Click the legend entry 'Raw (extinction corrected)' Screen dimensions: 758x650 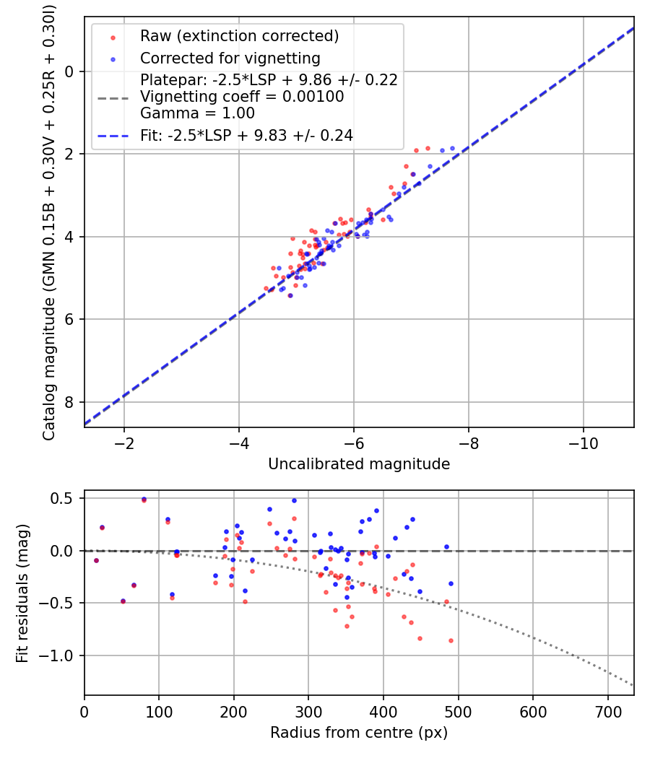(x=239, y=37)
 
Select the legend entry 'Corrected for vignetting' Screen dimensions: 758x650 (x=230, y=58)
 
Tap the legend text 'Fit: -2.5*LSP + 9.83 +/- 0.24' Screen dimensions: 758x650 (x=246, y=135)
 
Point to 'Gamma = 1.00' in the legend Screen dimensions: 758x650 (x=197, y=113)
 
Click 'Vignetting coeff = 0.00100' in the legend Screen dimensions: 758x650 (x=242, y=97)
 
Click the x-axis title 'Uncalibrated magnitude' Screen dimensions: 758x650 (x=359, y=464)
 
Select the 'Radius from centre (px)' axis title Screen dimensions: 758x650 (x=359, y=733)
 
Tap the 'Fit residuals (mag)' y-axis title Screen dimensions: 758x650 (x=22, y=593)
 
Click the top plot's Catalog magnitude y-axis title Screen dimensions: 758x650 (x=48, y=222)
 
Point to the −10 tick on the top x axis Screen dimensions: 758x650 (x=583, y=443)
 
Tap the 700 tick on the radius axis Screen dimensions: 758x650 (x=607, y=711)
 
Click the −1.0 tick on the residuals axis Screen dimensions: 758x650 (x=61, y=655)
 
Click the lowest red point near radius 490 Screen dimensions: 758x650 (x=451, y=640)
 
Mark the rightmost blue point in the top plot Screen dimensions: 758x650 (x=453, y=148)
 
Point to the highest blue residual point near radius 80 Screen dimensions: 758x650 (x=144, y=499)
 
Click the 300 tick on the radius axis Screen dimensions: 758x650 (x=308, y=711)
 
